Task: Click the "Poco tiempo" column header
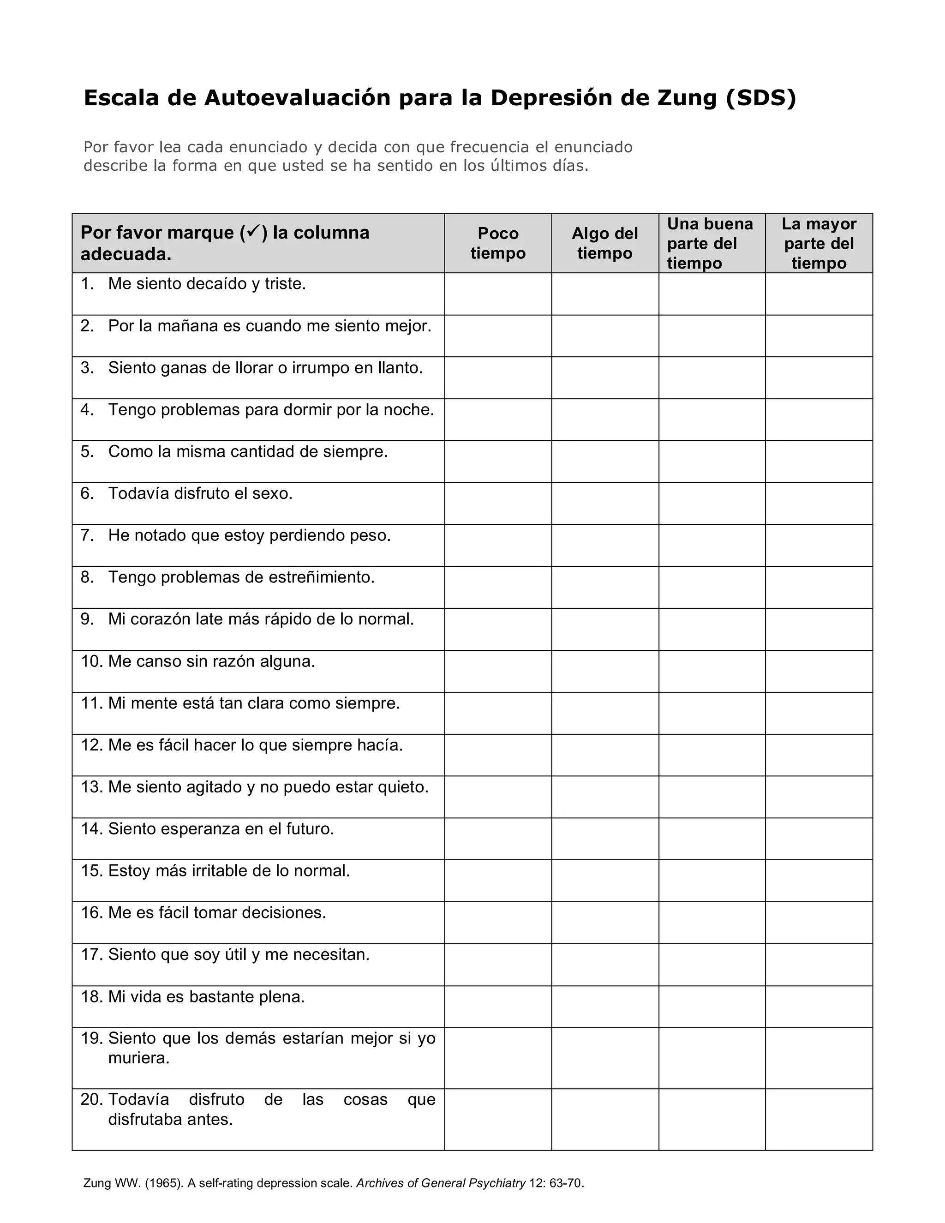498,243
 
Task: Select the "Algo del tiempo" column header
604,243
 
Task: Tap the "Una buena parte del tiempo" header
709,243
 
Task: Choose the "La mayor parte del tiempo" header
819,243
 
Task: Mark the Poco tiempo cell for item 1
498,294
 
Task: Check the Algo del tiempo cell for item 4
604,420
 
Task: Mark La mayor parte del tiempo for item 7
819,545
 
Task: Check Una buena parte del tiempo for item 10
712,671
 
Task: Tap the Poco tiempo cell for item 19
498,1058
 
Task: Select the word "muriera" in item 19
137,1058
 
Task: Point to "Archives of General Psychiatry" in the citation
441,1183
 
